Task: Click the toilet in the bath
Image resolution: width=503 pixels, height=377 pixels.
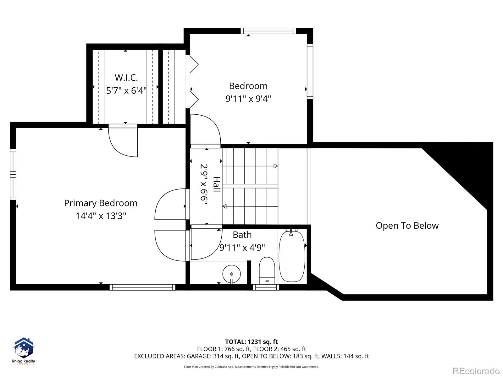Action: pyautogui.click(x=267, y=270)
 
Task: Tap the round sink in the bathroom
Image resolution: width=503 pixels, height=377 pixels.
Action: pyautogui.click(x=231, y=274)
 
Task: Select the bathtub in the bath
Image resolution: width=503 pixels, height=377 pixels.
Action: pyautogui.click(x=292, y=256)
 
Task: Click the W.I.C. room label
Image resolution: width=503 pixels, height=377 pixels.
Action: pyautogui.click(x=126, y=78)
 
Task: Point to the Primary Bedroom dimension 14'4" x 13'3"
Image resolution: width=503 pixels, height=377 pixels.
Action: pyautogui.click(x=101, y=216)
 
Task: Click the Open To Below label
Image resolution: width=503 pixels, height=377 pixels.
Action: pyautogui.click(x=407, y=226)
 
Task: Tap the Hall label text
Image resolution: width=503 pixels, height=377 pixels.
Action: pyautogui.click(x=217, y=184)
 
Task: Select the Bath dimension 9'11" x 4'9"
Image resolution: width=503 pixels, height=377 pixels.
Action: pyautogui.click(x=242, y=248)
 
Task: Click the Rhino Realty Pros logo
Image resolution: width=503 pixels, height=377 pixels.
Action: pyautogui.click(x=24, y=351)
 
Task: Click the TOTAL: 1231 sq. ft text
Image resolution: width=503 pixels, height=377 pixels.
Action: pyautogui.click(x=251, y=342)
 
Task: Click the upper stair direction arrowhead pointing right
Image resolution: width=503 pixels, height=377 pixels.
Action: pyautogui.click(x=276, y=166)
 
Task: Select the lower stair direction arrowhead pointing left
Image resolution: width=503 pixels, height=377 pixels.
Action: pyautogui.click(x=224, y=206)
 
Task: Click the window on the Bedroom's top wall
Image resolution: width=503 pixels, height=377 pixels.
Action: pyautogui.click(x=268, y=31)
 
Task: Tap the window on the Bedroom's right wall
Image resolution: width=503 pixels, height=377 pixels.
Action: pyautogui.click(x=310, y=72)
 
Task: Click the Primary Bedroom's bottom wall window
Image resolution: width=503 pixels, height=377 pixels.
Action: pyautogui.click(x=142, y=287)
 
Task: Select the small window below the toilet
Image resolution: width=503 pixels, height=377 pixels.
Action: pyautogui.click(x=266, y=287)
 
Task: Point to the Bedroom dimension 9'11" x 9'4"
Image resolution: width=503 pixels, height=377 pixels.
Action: pyautogui.click(x=248, y=99)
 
